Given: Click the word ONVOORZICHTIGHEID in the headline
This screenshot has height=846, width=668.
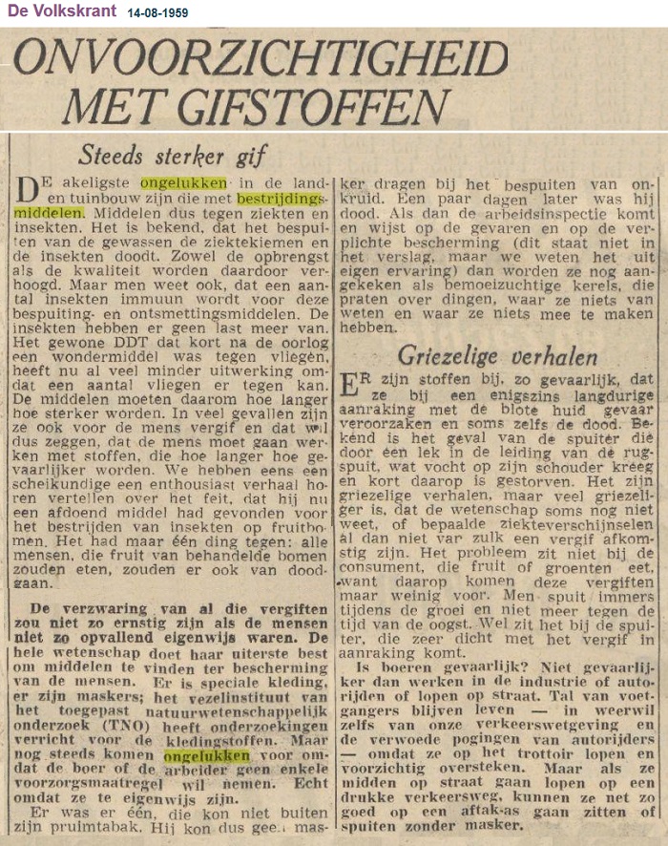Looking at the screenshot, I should (260, 59).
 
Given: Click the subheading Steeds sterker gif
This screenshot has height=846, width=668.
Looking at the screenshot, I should (173, 154).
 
